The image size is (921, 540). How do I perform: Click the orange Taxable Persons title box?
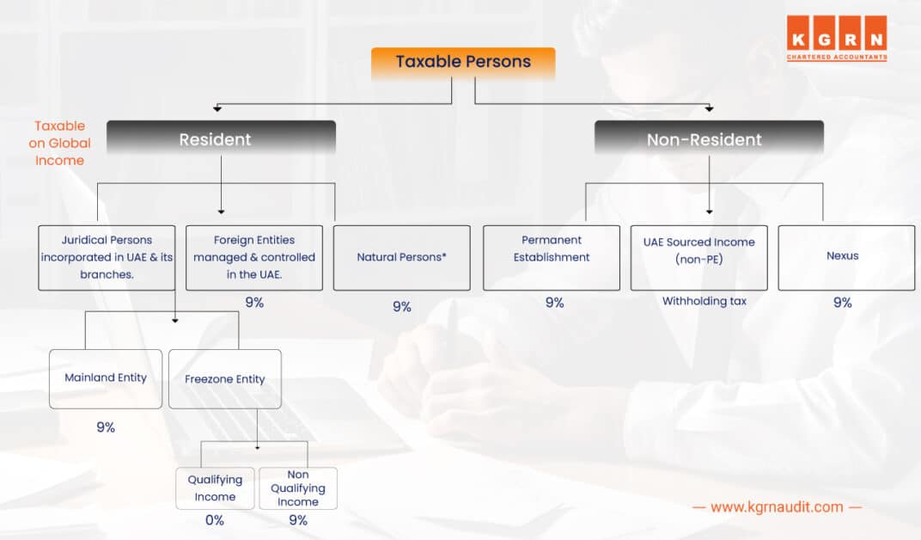(463, 62)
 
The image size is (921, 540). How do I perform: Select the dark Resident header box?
(221, 139)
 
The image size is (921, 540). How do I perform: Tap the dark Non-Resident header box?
(709, 139)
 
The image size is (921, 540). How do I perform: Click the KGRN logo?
(837, 38)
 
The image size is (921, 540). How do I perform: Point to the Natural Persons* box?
(401, 257)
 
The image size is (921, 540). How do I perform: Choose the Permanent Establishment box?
(552, 257)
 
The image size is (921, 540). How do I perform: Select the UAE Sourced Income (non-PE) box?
(698, 257)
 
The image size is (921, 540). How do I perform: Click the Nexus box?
(846, 257)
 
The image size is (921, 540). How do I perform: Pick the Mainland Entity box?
(106, 378)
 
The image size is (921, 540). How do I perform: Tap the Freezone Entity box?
(225, 378)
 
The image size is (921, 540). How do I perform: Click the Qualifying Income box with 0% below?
(215, 488)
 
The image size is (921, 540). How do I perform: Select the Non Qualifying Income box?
(298, 488)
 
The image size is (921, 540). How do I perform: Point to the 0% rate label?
(215, 520)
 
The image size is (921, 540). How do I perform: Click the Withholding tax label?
(704, 302)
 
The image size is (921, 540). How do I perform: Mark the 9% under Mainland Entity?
(106, 427)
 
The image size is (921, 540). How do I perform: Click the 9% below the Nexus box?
(842, 303)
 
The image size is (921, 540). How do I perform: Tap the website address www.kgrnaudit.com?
(777, 507)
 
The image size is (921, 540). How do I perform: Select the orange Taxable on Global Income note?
(59, 144)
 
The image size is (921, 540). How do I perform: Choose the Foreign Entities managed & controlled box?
(254, 257)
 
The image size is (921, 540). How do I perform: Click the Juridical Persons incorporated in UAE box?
(107, 257)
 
